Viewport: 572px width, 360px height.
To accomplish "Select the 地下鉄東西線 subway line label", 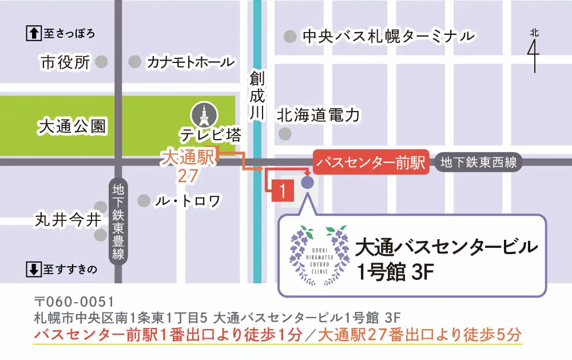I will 478,162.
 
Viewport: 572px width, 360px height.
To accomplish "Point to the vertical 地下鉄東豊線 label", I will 118,220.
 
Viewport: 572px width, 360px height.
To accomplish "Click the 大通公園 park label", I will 72,126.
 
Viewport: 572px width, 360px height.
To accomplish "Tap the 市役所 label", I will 65,62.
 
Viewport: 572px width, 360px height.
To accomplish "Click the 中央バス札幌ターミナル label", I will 388,36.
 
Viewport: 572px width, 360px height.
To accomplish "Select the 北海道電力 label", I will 318,116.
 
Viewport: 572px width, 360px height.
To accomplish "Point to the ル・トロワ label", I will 188,201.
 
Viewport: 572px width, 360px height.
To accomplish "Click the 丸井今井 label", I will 59,219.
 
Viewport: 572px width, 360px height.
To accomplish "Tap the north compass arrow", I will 534,52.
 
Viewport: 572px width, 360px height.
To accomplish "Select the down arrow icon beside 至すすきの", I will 34,268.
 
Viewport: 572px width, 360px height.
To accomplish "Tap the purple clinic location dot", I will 307,183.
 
